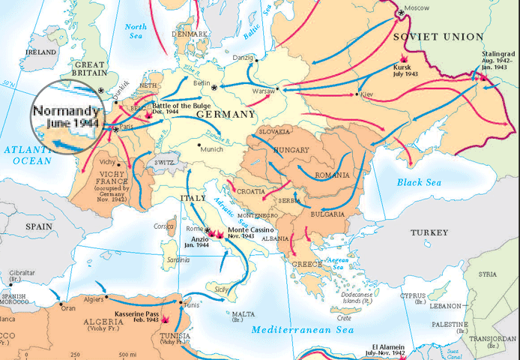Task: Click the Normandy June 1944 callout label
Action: [x=66, y=115]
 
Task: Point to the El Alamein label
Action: [x=384, y=349]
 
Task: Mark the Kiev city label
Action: [x=366, y=95]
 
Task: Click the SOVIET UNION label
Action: [x=437, y=37]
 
